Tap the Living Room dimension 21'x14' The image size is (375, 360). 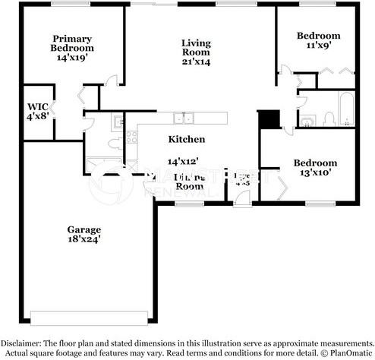click(195, 62)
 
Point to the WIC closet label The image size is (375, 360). click(37, 106)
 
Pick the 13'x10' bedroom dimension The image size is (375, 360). click(315, 173)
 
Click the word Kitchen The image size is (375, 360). click(186, 139)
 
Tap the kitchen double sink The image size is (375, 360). click(182, 118)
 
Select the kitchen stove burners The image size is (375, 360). click(131, 137)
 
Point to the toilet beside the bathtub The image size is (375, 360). click(329, 117)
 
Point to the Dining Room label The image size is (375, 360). click(189, 180)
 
